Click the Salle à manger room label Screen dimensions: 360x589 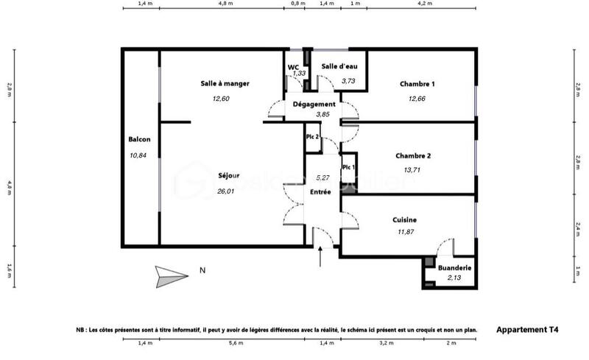225,84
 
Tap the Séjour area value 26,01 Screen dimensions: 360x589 225,191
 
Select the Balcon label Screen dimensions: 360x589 139,140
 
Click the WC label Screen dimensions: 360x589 293,67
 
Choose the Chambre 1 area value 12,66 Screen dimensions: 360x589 417,99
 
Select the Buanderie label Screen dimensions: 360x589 454,268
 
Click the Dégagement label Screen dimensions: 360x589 314,105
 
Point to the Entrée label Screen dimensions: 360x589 320,191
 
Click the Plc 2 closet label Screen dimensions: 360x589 312,137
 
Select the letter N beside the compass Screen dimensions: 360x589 202,271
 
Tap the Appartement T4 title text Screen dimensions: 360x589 527,331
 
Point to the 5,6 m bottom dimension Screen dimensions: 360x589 236,344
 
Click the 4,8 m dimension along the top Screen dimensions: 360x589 226,4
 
